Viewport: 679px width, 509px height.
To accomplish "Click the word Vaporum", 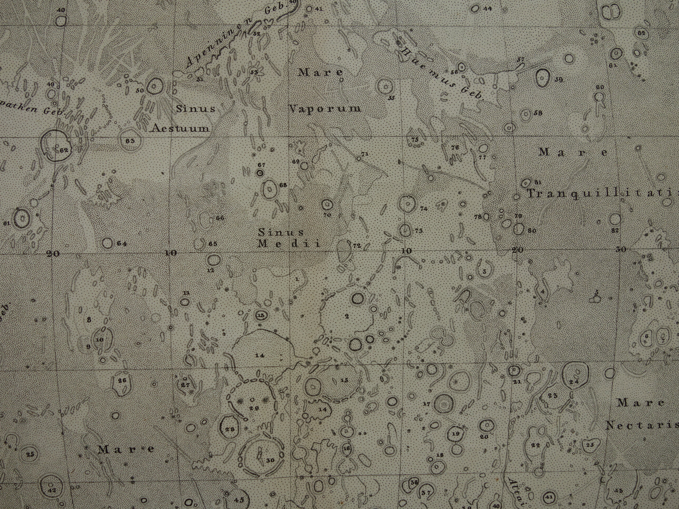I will point(325,109).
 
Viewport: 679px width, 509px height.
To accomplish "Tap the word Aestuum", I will point(180,128).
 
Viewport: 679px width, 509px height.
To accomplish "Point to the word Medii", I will point(289,244).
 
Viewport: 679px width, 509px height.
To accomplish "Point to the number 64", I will point(122,243).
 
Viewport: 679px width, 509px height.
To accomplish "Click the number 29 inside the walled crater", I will point(254,408).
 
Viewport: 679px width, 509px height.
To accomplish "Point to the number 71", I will point(364,154).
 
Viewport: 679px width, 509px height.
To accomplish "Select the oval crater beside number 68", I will point(270,190).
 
